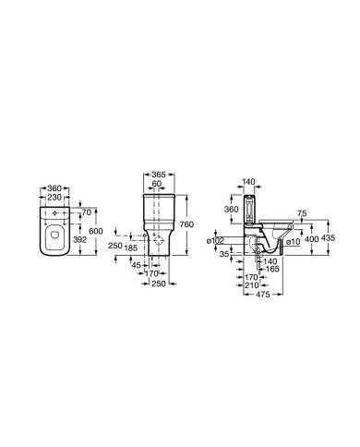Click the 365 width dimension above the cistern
pos(158,175)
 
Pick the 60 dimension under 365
pos(159,184)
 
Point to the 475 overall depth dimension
pos(263,295)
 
